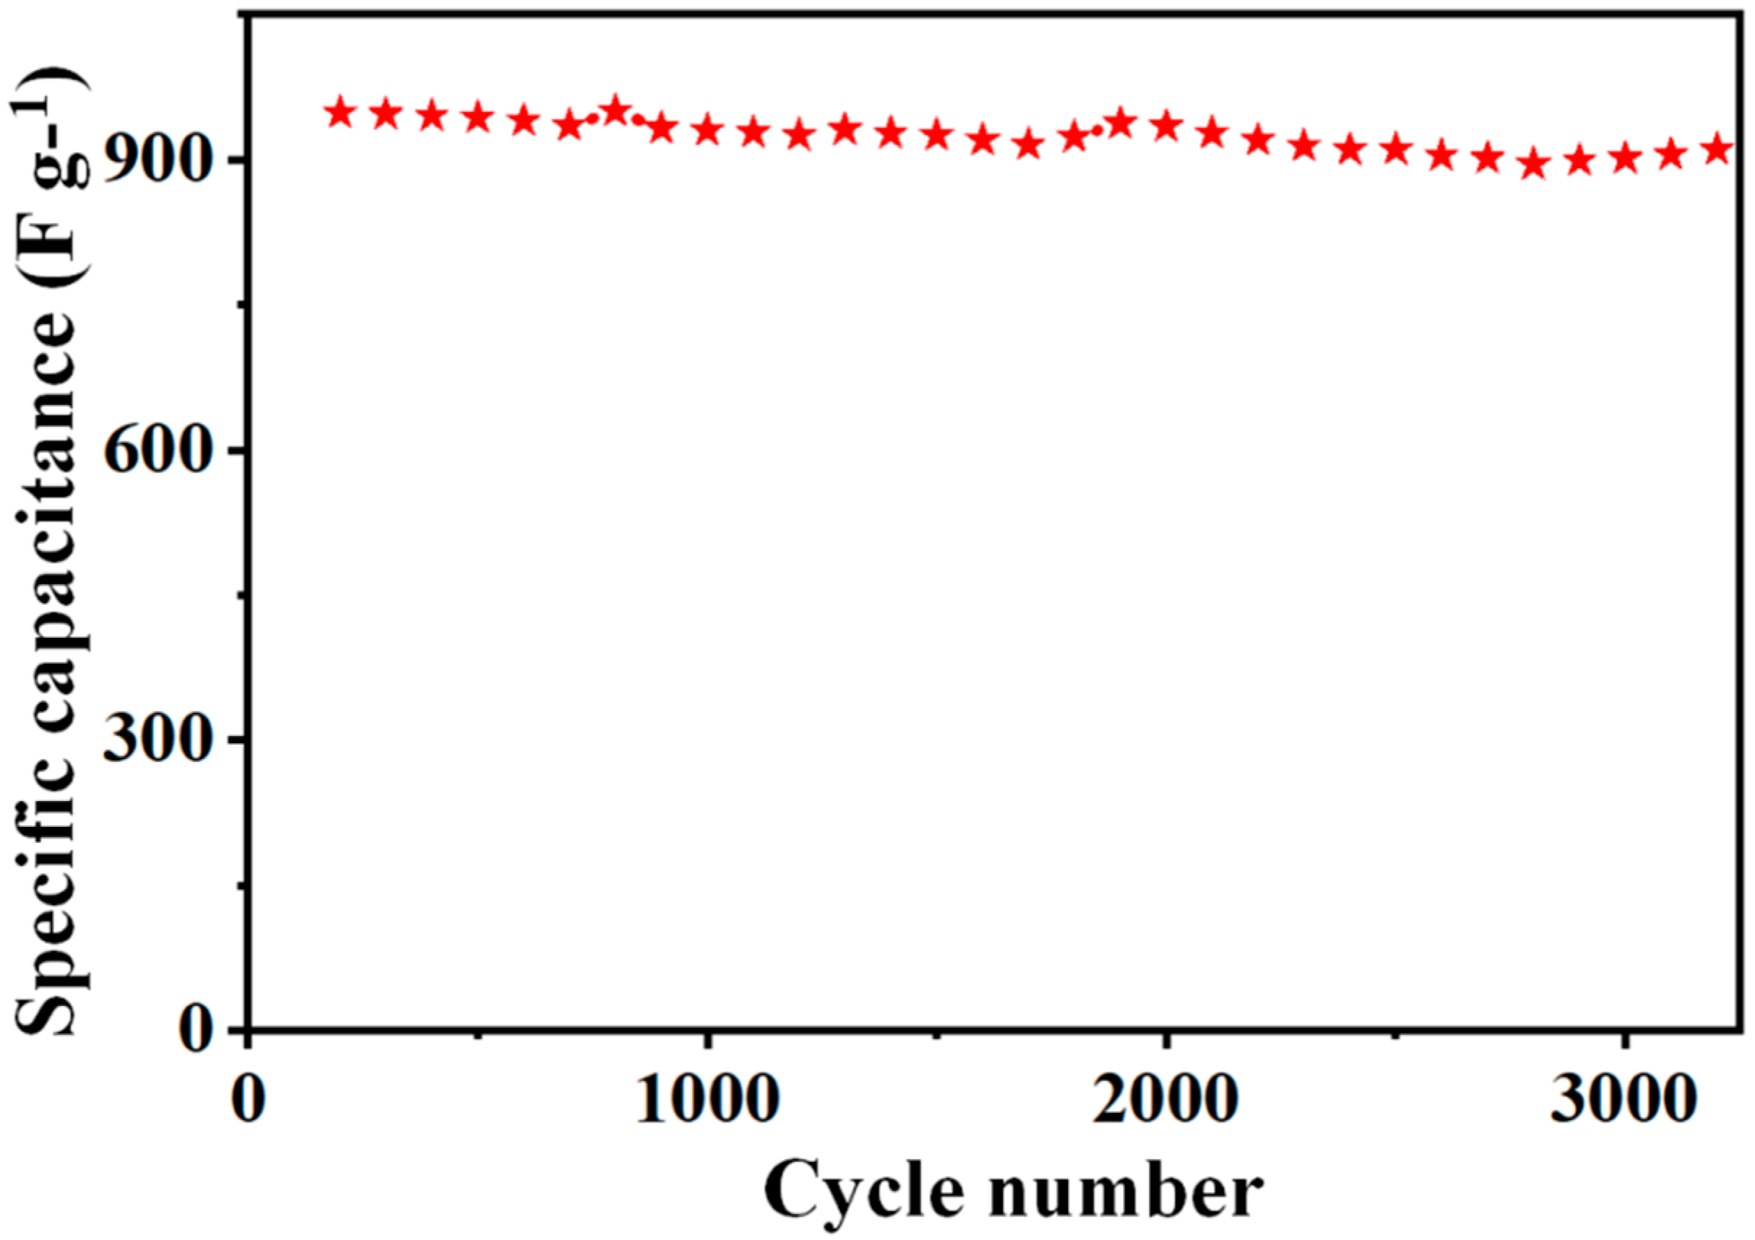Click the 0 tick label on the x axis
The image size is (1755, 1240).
248,1101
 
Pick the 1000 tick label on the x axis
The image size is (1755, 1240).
707,1101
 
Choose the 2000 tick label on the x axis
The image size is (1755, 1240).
1165,1101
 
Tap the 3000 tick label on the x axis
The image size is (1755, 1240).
1622,1101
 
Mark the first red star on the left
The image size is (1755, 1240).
340,113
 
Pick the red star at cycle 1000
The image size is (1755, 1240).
709,130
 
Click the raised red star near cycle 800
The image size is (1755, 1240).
616,111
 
